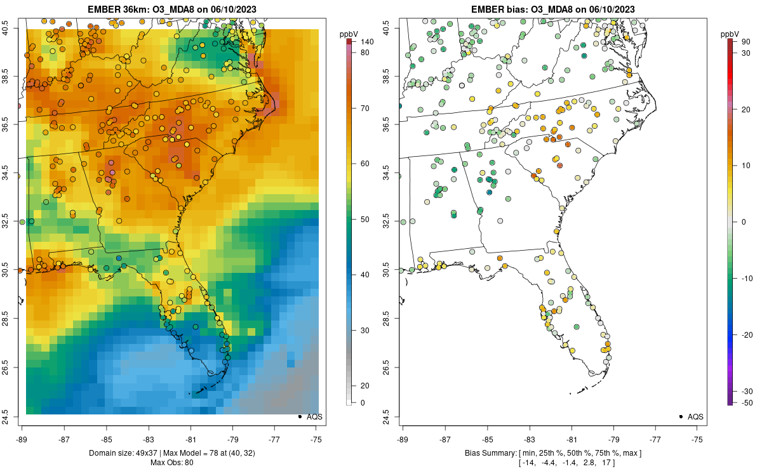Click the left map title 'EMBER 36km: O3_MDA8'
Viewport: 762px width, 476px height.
click(171, 9)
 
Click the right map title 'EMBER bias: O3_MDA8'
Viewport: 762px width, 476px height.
click(552, 9)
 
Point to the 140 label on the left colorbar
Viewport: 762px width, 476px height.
click(366, 42)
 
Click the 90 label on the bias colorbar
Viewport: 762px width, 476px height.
click(747, 42)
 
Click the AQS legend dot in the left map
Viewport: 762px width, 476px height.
click(299, 417)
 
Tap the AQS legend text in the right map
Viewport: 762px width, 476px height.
click(695, 417)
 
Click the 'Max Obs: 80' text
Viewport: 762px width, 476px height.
click(171, 462)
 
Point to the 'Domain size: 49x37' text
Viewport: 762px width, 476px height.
click(130, 453)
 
